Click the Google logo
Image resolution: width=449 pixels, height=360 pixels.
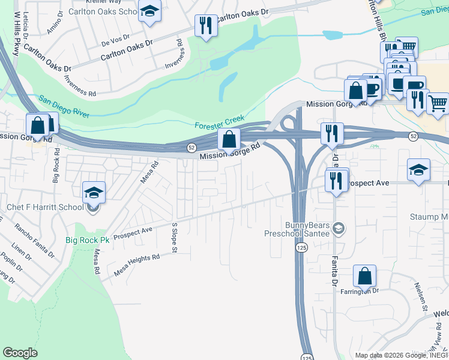[20, 353]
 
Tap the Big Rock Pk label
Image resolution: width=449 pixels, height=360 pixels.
[88, 240]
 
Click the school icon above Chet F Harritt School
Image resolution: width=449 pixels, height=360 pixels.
[94, 193]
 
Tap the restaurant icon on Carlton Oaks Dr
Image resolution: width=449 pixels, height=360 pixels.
[206, 25]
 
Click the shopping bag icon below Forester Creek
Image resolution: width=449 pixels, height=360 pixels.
[229, 139]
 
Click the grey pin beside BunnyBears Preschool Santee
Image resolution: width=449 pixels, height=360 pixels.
[339, 227]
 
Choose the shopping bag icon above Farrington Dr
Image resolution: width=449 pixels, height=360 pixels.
[364, 276]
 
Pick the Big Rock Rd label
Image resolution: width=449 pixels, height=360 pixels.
[56, 168]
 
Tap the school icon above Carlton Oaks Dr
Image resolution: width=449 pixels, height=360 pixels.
[149, 11]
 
